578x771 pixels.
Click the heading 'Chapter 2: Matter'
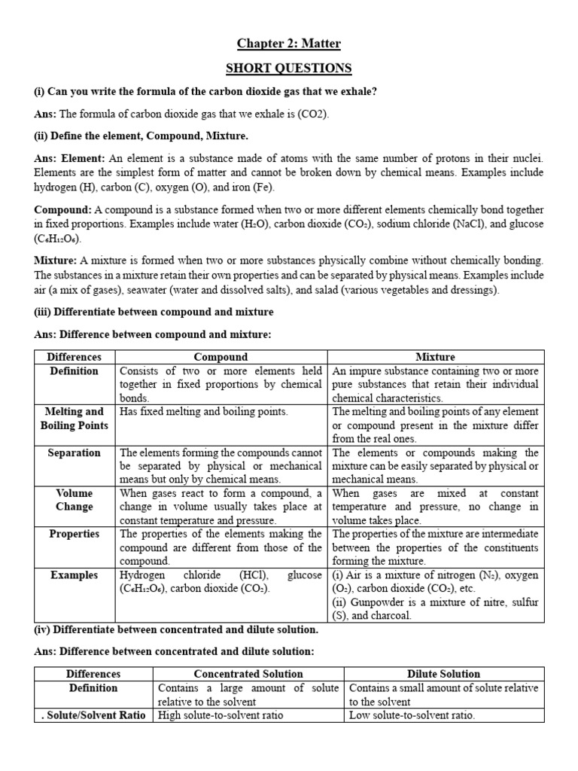[289, 44]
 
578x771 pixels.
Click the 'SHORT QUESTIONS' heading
[289, 69]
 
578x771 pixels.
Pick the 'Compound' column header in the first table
[221, 357]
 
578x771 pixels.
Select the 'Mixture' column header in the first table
[435, 357]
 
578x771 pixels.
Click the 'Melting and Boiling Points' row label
[74, 419]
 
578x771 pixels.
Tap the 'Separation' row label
[74, 453]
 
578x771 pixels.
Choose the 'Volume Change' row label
[74, 500]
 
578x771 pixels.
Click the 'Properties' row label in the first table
[74, 534]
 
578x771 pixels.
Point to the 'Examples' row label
[74, 575]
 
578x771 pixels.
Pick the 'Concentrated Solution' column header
[248, 674]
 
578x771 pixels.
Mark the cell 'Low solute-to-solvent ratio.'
[412, 715]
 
